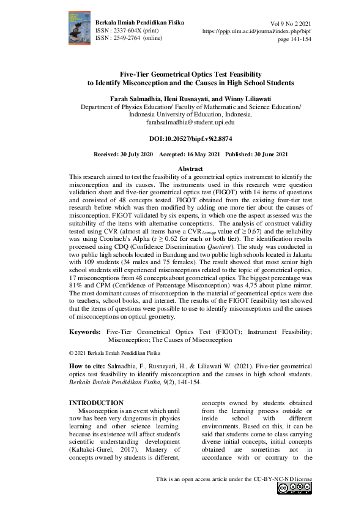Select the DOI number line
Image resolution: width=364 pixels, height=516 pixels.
click(182, 139)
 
